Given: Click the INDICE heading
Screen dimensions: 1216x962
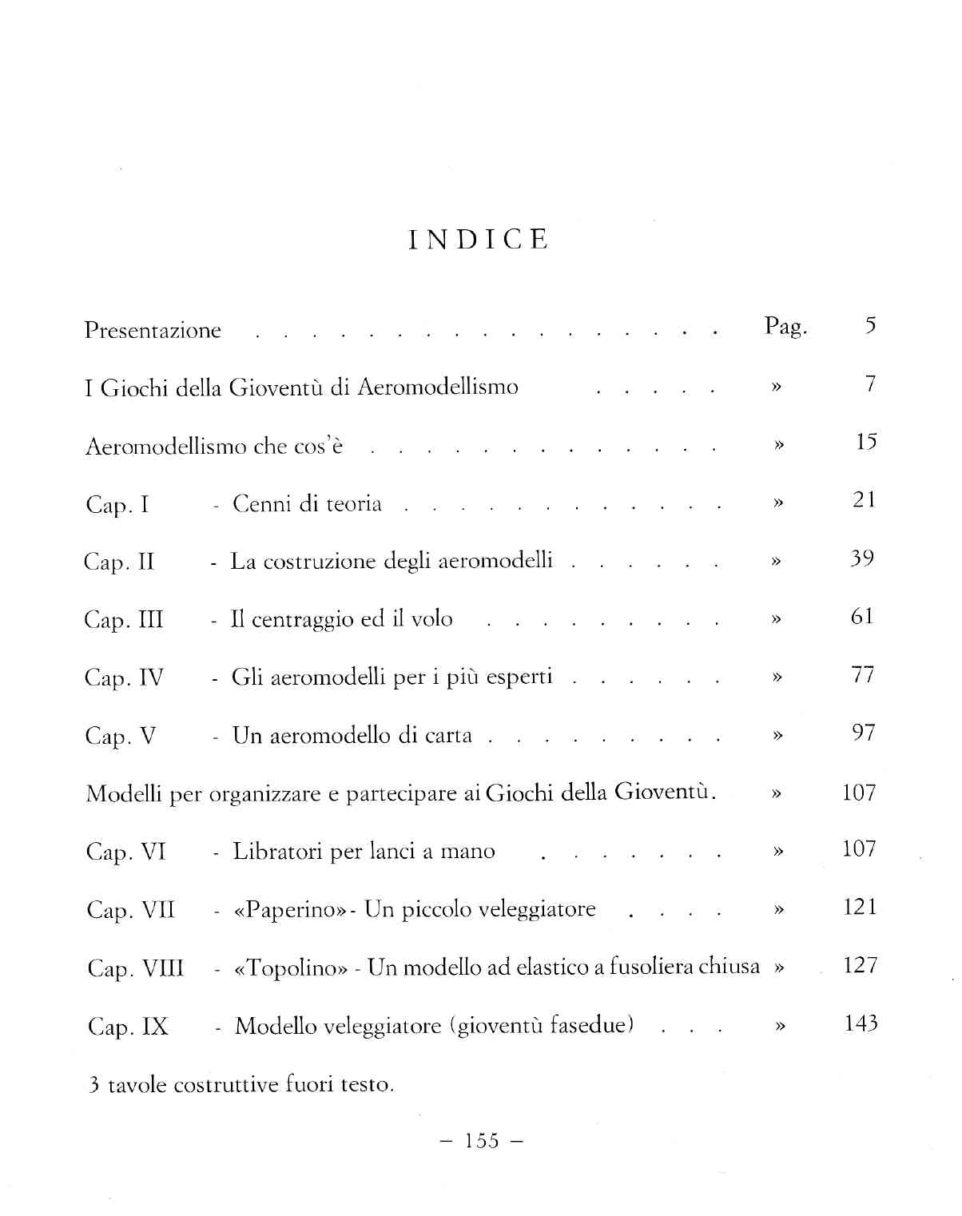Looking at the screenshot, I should [x=478, y=240].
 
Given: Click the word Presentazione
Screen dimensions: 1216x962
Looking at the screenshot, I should [x=153, y=331].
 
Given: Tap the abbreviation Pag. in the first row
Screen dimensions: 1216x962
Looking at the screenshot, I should [x=785, y=327].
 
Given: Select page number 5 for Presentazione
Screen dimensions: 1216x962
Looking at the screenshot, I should [x=870, y=325].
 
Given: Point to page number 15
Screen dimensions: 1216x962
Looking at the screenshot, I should [x=865, y=442].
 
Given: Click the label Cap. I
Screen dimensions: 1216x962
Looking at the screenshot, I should [x=117, y=506].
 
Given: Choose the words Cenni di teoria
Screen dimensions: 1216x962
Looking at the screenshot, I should [x=307, y=504].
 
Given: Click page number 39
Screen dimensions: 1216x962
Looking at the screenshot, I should [x=861, y=558].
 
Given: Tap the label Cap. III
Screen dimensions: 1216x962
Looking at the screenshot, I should [x=124, y=621].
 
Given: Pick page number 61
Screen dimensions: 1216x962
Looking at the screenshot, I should [x=861, y=617].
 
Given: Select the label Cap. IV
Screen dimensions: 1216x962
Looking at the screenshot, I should [x=124, y=678].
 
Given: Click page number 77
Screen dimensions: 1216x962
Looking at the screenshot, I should [x=862, y=675].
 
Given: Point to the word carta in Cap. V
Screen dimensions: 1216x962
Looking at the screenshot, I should [x=448, y=736].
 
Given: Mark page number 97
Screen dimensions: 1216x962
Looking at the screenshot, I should [x=863, y=733].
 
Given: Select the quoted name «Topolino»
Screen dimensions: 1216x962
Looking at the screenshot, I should [x=291, y=968].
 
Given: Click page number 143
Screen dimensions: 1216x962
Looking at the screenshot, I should [x=861, y=1023].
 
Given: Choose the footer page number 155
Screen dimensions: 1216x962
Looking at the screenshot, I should [x=482, y=1141].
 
